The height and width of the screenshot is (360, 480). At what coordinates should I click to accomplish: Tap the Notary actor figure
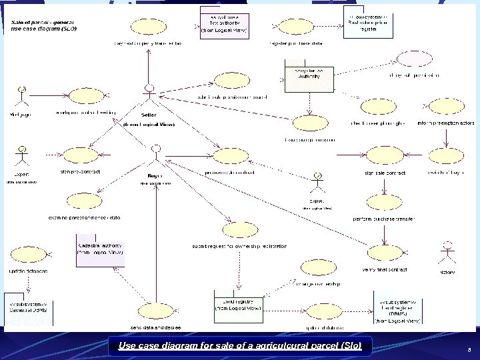(446, 256)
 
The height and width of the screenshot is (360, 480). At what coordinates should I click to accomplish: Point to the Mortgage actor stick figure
(23, 99)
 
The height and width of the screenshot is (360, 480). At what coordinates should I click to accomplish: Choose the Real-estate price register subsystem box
(368, 21)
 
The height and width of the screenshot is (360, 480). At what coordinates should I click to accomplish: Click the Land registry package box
(238, 303)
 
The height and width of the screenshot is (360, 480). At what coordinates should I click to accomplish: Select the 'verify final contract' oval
(384, 253)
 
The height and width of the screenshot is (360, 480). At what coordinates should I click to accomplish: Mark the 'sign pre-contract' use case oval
(84, 157)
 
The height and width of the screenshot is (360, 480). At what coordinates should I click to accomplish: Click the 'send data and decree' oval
(155, 313)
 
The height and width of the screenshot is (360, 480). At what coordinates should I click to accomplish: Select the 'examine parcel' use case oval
(84, 201)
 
